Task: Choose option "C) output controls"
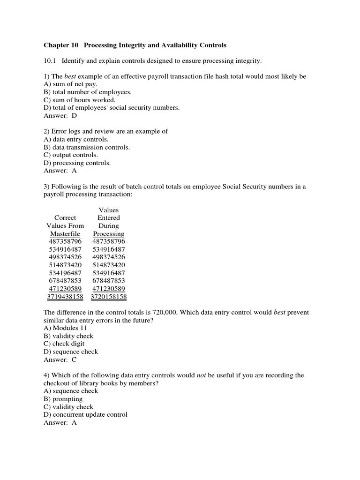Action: [x=71, y=155]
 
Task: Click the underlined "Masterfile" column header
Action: [x=65, y=233]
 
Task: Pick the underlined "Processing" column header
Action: [x=108, y=233]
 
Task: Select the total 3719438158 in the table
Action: [x=65, y=296]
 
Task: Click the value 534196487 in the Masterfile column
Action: [x=65, y=273]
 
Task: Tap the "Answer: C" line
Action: [x=60, y=360]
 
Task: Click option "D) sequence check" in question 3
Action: [x=71, y=352]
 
